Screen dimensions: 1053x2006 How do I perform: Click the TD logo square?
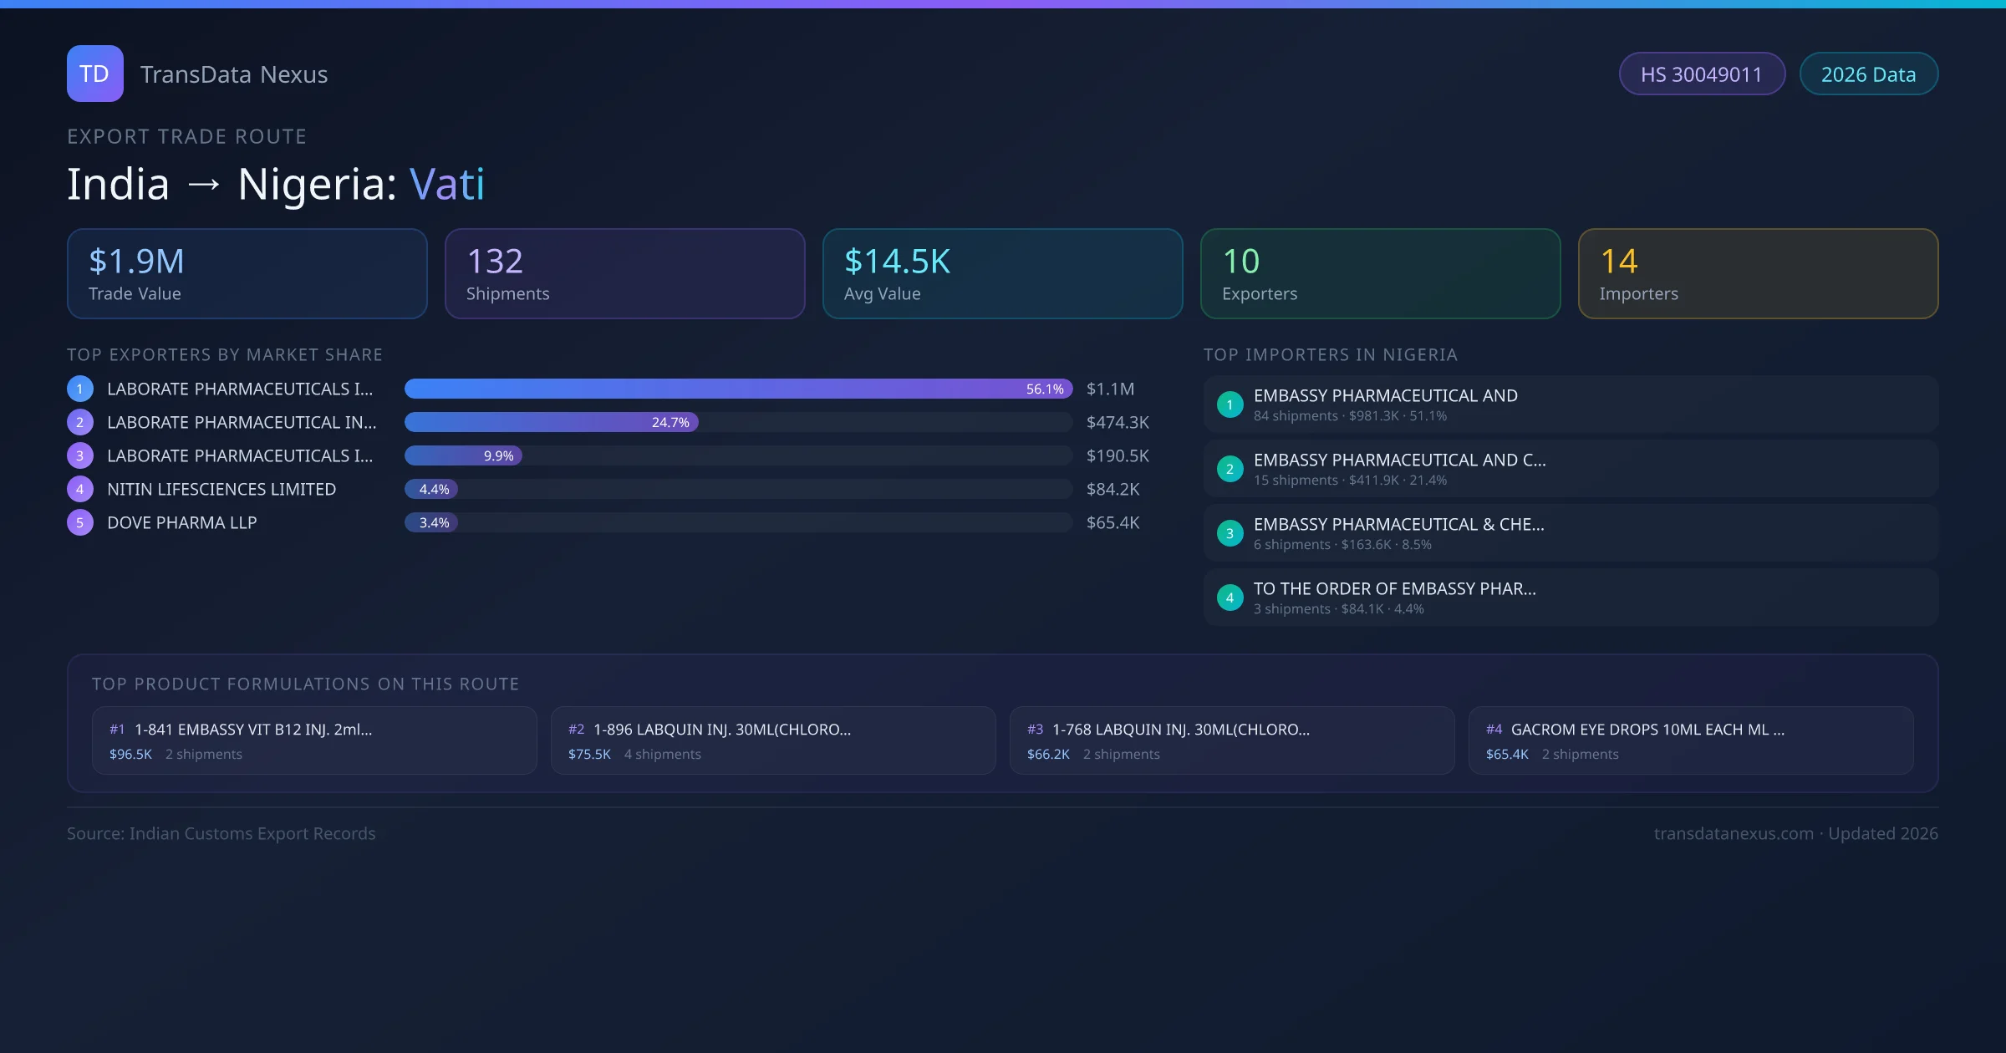click(x=94, y=74)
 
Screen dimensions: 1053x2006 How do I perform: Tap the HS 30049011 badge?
click(x=1701, y=74)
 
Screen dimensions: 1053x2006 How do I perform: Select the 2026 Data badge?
click(x=1868, y=74)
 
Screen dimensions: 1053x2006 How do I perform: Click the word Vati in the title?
click(x=446, y=184)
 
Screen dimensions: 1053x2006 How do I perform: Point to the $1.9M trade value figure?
click(x=136, y=262)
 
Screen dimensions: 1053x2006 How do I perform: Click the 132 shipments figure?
click(x=495, y=262)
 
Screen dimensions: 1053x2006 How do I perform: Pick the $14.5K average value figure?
click(x=897, y=262)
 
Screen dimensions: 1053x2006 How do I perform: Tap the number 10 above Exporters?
click(x=1240, y=262)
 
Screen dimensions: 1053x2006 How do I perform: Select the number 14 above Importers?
click(x=1618, y=262)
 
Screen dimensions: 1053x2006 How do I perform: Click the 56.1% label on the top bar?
click(x=1045, y=389)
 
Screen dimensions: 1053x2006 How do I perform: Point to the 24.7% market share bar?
click(x=552, y=422)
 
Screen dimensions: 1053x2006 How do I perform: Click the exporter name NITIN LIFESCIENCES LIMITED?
click(x=221, y=489)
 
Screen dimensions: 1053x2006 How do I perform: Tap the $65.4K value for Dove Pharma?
click(x=1112, y=522)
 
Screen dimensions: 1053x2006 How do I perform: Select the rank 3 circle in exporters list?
click(x=80, y=455)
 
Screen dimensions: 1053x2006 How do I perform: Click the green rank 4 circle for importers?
click(x=1230, y=598)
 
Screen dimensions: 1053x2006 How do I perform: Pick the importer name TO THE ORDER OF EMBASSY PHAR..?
click(x=1394, y=588)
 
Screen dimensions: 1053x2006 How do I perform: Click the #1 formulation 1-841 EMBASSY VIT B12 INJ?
click(x=252, y=730)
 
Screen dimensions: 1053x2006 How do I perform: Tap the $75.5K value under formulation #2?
click(x=589, y=754)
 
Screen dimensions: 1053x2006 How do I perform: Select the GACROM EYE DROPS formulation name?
click(x=1647, y=730)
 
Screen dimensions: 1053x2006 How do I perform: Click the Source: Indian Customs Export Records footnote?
click(x=221, y=833)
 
